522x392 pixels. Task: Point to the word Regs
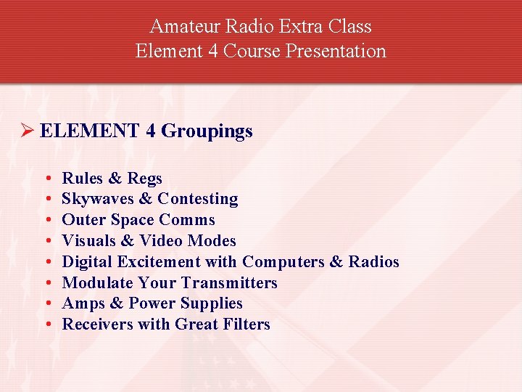point(145,179)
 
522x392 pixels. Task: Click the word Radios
point(373,262)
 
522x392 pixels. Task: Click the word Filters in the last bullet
point(244,324)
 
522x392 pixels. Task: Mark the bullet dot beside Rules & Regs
point(46,179)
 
